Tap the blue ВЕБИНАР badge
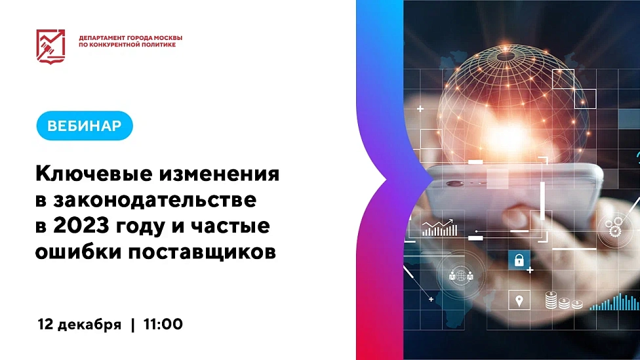pos(85,127)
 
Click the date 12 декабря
pos(79,324)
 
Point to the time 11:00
pos(162,324)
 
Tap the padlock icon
pos(518,260)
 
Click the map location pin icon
pos(519,302)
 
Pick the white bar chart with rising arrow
pos(439,228)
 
